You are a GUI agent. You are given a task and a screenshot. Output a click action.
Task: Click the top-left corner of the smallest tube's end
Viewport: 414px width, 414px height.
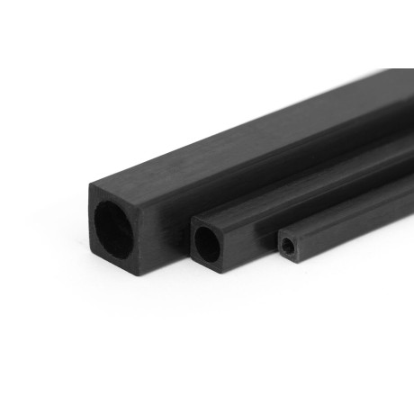276,233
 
